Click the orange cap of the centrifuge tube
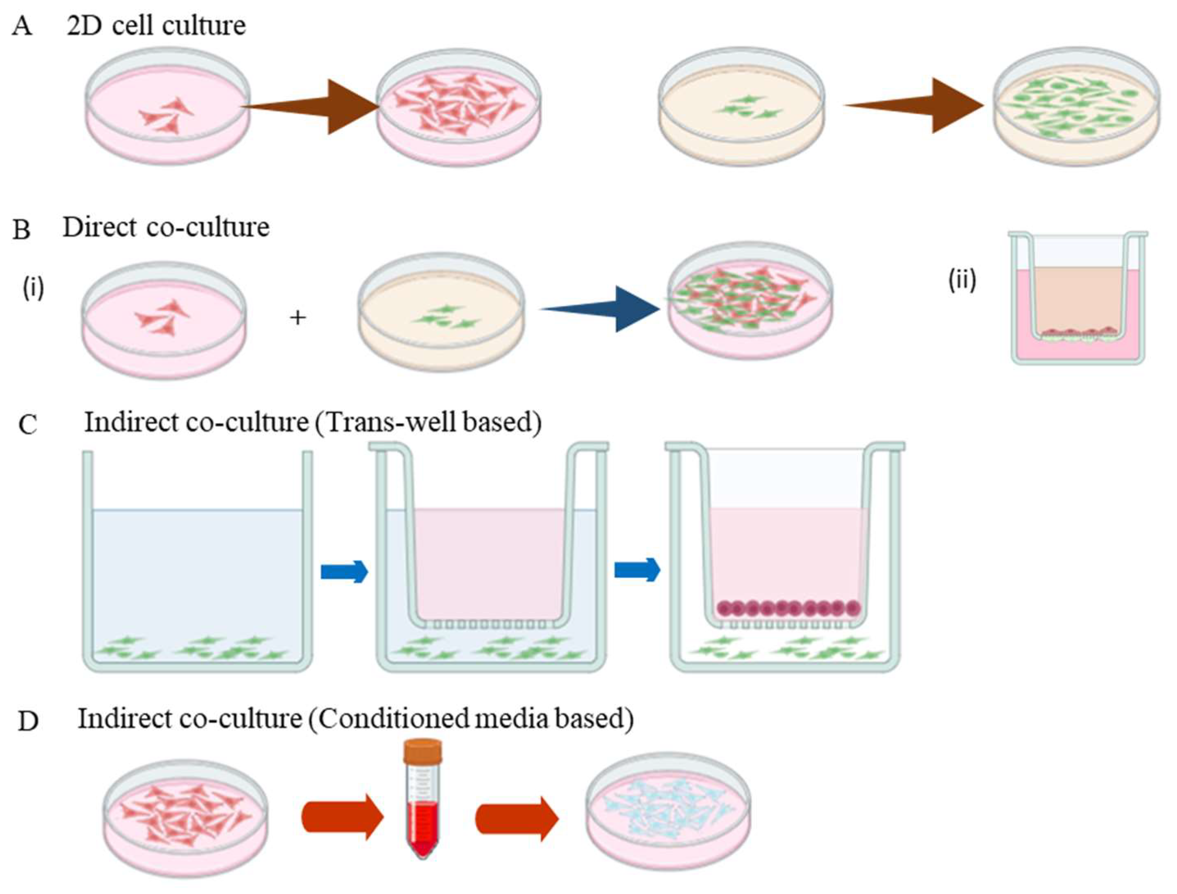pyautogui.click(x=423, y=752)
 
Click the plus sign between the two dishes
pyautogui.click(x=298, y=318)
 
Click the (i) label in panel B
pyautogui.click(x=33, y=288)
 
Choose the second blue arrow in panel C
pyautogui.click(x=637, y=570)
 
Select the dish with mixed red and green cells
pyautogui.click(x=750, y=301)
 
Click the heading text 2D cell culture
pyautogui.click(x=156, y=26)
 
